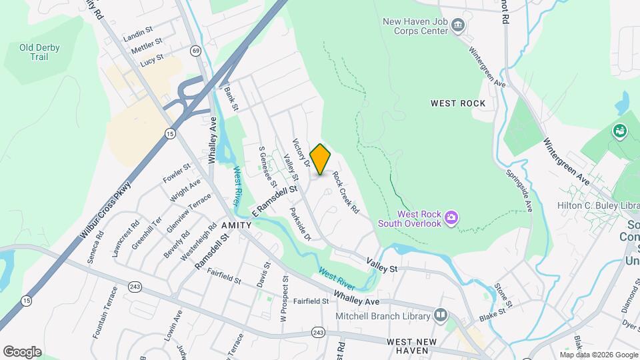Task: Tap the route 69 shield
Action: coord(195,51)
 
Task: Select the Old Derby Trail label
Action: coord(39,52)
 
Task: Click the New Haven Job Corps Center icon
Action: coord(458,26)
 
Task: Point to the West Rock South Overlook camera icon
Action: coord(452,217)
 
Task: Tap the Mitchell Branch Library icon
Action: coord(440,314)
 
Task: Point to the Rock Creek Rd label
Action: coord(345,193)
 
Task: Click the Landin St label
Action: coord(139,33)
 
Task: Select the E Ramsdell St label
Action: coord(273,201)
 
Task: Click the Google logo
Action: coord(22,352)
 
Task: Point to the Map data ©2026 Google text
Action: coord(598,354)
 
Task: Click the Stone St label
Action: coord(503,296)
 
